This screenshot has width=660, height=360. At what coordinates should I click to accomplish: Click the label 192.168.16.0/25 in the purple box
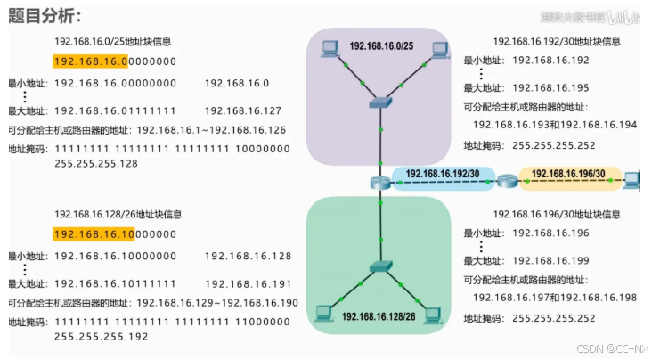(x=380, y=45)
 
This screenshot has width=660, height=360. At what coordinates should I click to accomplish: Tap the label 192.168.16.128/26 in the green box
(x=379, y=316)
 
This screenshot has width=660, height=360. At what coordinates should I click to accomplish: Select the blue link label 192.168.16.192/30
(x=443, y=174)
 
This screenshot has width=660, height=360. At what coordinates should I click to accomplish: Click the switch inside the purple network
(x=380, y=103)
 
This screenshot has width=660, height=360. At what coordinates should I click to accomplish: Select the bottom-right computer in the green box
(x=434, y=314)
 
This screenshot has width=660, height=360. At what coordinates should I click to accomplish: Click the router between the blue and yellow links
(x=508, y=182)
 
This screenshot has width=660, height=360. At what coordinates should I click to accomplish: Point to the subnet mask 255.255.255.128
(x=96, y=163)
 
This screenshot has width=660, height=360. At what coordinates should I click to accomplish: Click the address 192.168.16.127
(x=243, y=110)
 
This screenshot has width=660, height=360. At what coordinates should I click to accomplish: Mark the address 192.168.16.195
(x=551, y=88)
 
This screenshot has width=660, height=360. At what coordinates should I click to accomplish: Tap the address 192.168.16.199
(x=551, y=261)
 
